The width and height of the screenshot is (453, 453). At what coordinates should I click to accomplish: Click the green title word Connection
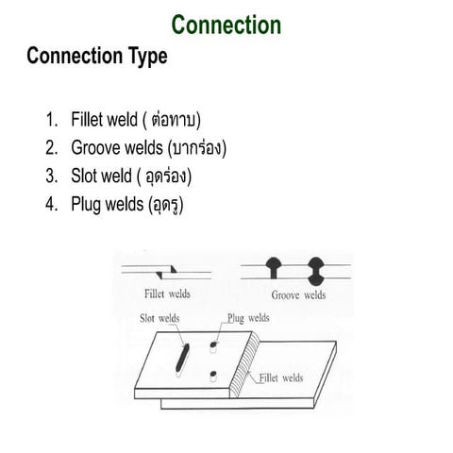point(227,25)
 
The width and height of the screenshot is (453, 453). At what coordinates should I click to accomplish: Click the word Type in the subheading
point(143,56)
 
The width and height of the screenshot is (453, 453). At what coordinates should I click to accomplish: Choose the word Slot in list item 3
point(84,176)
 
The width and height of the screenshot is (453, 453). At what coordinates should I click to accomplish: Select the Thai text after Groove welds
point(196,148)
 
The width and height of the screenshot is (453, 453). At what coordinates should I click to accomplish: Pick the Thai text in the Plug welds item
point(165,204)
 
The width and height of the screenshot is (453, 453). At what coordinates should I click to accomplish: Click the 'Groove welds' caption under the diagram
point(298,294)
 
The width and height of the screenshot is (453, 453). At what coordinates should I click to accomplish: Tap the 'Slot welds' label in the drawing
point(159,318)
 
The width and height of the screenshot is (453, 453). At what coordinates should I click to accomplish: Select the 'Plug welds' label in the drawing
point(247,318)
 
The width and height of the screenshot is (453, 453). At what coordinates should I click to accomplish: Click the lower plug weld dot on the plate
point(213,376)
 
